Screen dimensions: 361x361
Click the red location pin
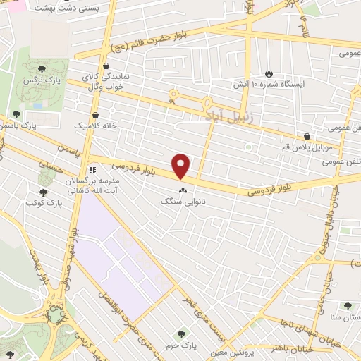tap(182, 166)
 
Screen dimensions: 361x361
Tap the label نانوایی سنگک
tap(183, 201)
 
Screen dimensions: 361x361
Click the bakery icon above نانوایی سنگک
tap(183, 190)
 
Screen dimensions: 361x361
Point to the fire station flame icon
tap(269, 73)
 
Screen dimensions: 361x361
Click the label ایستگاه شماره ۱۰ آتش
tap(269, 84)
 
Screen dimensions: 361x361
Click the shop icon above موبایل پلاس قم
tap(307, 136)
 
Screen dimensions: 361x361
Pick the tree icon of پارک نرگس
tap(42, 68)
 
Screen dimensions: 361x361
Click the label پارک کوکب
tap(40, 204)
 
